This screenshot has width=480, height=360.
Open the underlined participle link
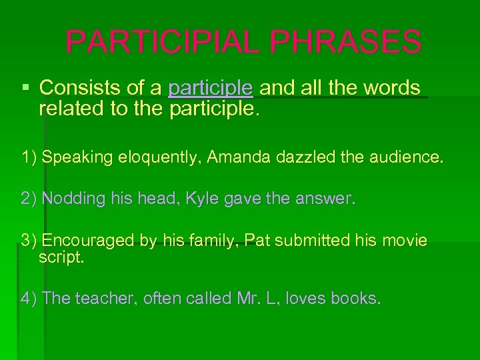pos(211,88)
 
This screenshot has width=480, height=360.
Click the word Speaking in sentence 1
pos(71,157)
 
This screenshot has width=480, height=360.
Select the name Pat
pos(257,240)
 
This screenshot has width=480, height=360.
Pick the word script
pos(61,257)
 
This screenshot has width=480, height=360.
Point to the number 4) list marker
pos(28,299)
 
